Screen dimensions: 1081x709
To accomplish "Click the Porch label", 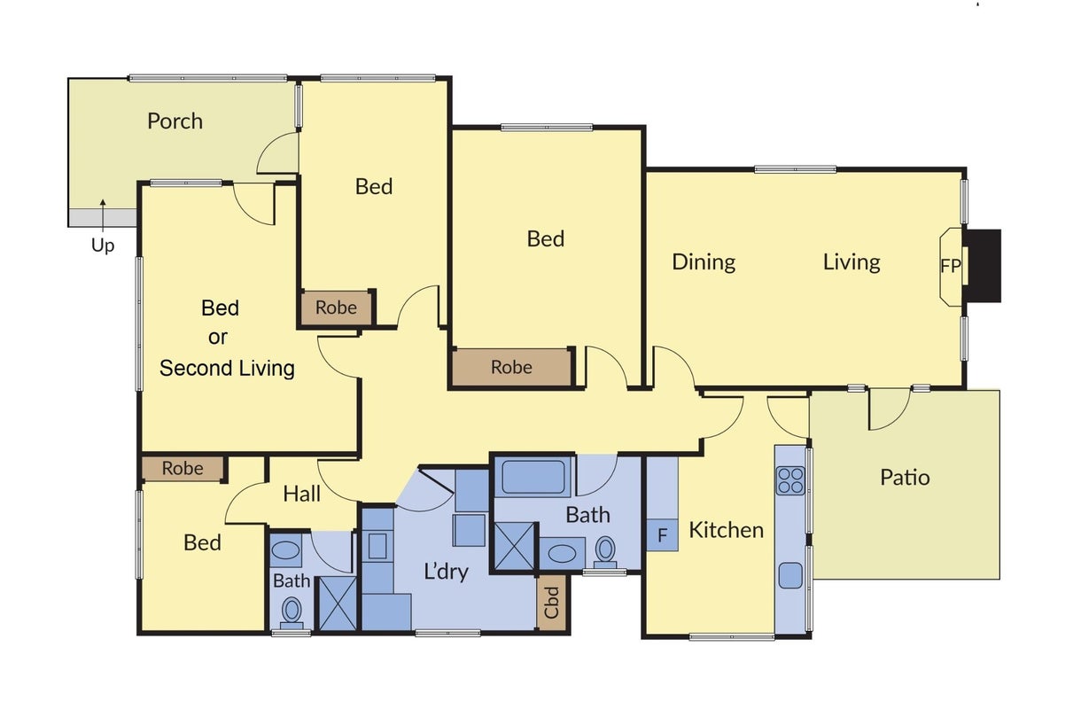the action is tap(175, 121).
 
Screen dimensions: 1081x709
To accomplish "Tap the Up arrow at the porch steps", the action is tap(103, 217).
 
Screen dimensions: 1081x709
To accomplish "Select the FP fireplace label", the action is tap(951, 266).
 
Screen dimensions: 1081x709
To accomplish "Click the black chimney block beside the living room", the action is tap(982, 266).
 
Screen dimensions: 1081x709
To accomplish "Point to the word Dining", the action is tap(704, 262).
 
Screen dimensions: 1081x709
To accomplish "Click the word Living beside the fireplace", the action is tap(852, 262).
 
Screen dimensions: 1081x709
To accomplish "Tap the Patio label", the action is tap(905, 478).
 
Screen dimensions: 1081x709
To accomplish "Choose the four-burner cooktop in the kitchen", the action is tap(791, 480).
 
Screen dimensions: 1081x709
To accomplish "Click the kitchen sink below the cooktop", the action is tap(790, 575).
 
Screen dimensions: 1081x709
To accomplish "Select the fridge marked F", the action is tap(662, 534).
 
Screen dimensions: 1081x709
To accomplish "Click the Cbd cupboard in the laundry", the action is tap(551, 603).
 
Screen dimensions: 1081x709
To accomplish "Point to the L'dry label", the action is tap(446, 572).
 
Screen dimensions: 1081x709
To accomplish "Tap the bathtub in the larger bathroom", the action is tap(533, 478).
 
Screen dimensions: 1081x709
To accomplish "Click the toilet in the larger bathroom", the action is tap(605, 553).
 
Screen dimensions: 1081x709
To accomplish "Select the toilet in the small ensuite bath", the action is tap(292, 613).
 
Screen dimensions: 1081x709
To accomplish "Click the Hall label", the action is tap(301, 494).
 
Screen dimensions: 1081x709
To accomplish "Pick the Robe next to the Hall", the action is tap(183, 468).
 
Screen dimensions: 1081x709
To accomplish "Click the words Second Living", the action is tap(227, 369).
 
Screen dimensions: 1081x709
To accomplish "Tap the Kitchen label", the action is tap(726, 531).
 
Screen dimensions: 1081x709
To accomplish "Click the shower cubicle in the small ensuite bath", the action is tap(338, 604).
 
